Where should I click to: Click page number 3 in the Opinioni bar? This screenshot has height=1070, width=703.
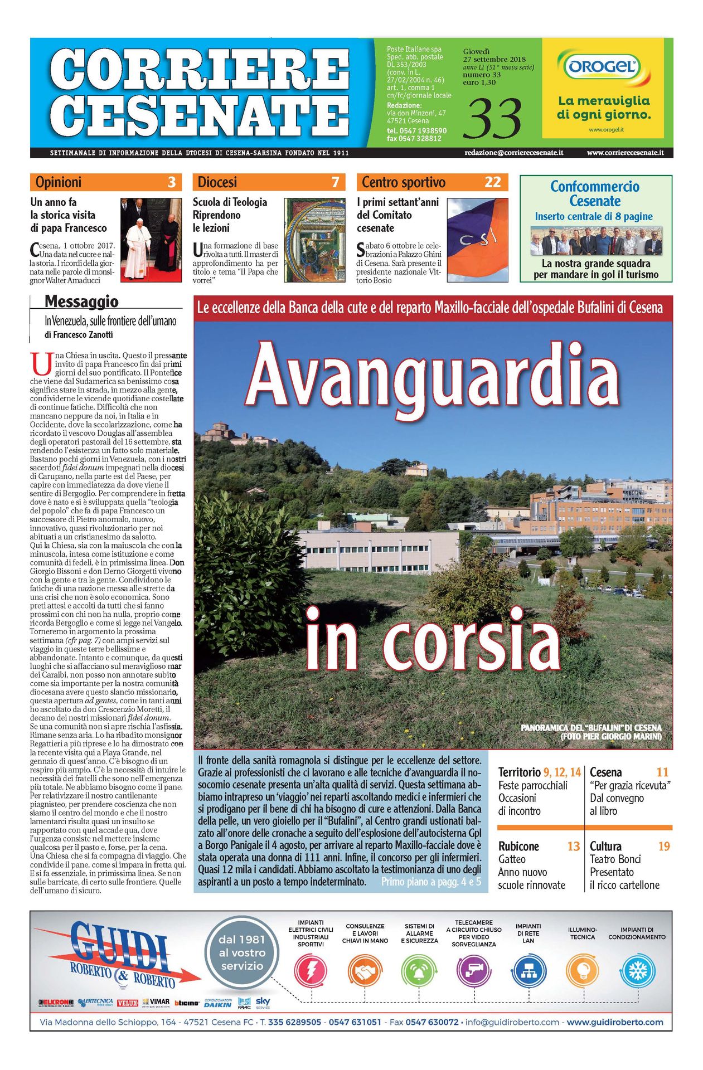171,182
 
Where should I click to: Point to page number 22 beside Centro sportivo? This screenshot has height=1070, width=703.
492,182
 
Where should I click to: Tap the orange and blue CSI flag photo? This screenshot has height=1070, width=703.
477,240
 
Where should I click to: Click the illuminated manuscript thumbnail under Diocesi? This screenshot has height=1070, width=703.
314,240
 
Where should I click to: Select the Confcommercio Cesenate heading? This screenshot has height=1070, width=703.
595,193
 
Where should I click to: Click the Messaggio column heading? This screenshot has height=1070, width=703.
81,301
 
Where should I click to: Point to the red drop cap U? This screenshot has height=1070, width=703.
40,363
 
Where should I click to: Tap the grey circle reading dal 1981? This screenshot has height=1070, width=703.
241,952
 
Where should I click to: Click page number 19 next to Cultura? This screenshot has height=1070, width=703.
663,847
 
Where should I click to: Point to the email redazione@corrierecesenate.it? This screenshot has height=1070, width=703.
513,153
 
